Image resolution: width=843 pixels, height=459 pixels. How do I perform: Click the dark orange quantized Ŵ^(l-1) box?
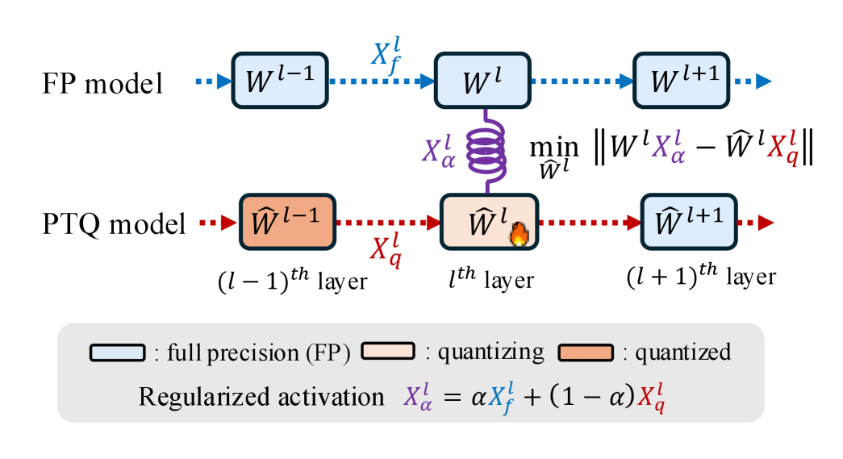point(286,222)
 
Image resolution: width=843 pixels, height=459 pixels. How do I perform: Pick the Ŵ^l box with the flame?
point(487,222)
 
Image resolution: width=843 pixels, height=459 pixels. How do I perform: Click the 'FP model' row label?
point(103,83)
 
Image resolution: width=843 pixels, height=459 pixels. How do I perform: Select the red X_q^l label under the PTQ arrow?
point(385,250)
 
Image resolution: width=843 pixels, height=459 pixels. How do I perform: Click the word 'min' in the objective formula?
point(553,146)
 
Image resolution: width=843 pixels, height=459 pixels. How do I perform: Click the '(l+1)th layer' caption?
point(700,276)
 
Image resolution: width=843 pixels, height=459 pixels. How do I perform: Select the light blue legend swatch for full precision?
point(116,353)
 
